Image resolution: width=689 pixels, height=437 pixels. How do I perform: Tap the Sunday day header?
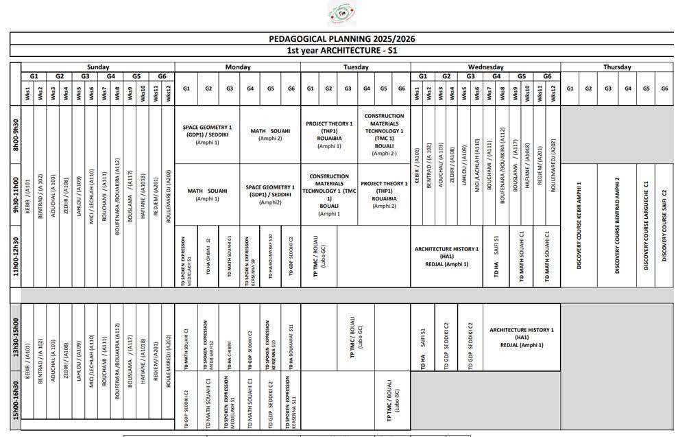pos(98,67)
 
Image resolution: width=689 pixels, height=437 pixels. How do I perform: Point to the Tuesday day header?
pos(355,67)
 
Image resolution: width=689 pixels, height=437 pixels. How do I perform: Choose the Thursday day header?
pos(617,67)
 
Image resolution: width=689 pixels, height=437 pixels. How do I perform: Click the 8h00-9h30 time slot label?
pos(16,134)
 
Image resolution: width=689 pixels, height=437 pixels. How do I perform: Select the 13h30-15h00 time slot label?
pos(16,337)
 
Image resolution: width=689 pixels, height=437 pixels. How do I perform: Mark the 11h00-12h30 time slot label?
pos(16,257)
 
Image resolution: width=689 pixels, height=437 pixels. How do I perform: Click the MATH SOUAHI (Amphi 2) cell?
pos(270,134)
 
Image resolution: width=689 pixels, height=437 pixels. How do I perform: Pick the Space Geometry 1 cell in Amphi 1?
pos(208,134)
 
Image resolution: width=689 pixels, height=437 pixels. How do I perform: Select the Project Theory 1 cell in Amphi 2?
pos(384,194)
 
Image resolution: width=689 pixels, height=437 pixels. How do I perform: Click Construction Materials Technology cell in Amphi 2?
pos(384,134)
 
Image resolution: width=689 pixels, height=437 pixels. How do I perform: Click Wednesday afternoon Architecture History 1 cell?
pos(521,337)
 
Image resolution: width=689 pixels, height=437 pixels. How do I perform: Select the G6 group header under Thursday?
pos(664,88)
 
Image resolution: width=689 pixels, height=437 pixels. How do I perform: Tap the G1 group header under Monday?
pos(186,88)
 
